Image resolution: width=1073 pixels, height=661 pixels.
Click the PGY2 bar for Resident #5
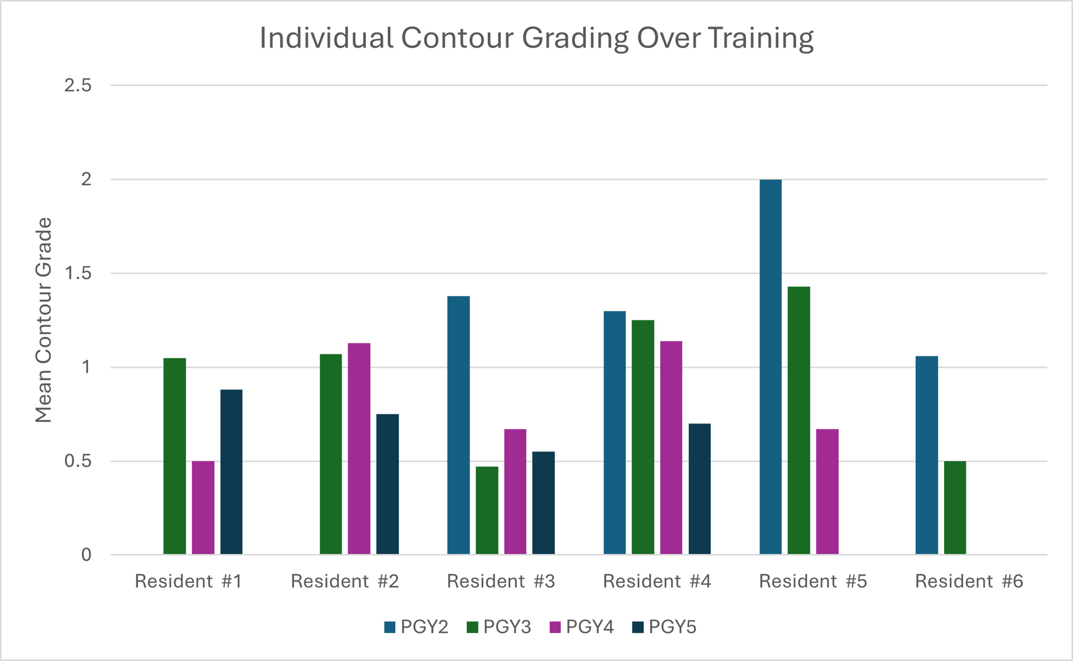click(x=770, y=367)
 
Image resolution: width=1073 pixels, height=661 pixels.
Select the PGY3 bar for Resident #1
click(x=175, y=456)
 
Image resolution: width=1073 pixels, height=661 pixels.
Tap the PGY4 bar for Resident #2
click(x=359, y=449)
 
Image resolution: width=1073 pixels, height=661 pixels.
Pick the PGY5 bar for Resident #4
click(x=699, y=489)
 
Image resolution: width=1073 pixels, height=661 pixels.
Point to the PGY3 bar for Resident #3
click(x=487, y=510)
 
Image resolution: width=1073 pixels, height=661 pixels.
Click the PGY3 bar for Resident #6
click(x=955, y=508)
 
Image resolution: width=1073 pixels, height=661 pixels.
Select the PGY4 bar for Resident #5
click(x=827, y=492)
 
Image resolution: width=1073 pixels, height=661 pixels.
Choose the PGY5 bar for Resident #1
click(x=231, y=472)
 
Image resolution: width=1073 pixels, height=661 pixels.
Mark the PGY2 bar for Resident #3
click(x=458, y=425)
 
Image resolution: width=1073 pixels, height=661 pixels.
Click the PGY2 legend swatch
click(x=390, y=627)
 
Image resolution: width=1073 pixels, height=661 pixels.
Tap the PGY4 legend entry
click(x=582, y=627)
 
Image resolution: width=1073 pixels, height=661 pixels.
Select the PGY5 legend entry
click(x=665, y=627)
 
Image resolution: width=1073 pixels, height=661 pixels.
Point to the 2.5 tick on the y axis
click(x=78, y=86)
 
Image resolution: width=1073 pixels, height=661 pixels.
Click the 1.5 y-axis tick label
click(x=78, y=274)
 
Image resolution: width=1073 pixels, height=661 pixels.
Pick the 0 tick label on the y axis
click(x=86, y=555)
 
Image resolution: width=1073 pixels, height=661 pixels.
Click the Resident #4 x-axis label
click(x=657, y=581)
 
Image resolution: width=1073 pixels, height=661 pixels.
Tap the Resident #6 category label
click(x=969, y=581)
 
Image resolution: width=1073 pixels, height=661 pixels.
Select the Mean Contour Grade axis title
click(x=44, y=320)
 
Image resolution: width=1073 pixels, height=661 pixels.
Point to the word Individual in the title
click(x=327, y=38)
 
